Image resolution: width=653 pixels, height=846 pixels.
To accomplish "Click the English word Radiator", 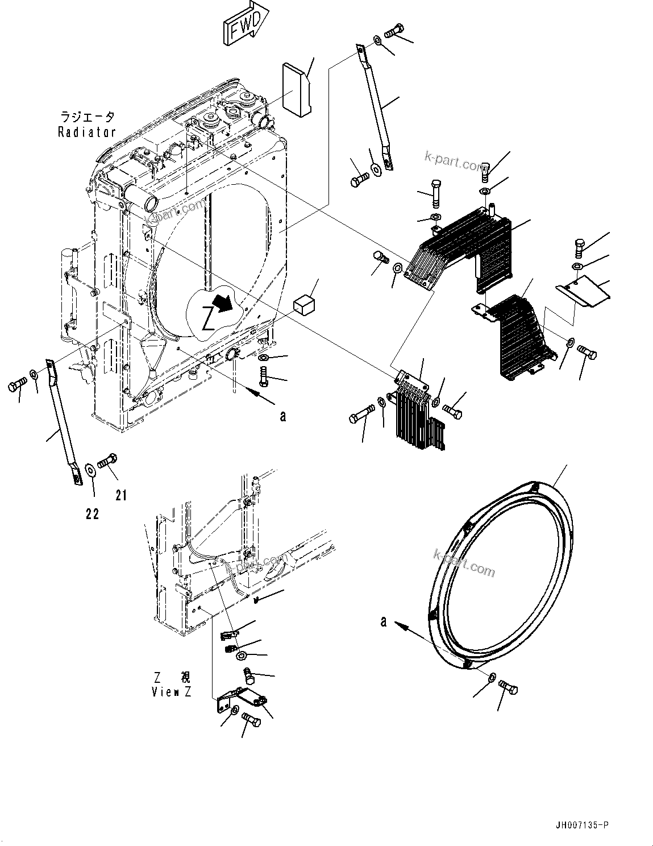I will point(87,132).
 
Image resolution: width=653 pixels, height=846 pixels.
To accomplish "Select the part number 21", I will point(120,496).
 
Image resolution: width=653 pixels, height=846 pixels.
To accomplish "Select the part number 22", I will point(92,514).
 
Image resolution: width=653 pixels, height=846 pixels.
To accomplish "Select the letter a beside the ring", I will point(384,622).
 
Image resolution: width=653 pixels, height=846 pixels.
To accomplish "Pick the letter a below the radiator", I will point(282,416).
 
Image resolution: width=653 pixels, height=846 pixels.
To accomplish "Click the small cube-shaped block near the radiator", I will point(304,305).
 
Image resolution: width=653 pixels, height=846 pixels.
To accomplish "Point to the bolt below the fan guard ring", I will point(508,689).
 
